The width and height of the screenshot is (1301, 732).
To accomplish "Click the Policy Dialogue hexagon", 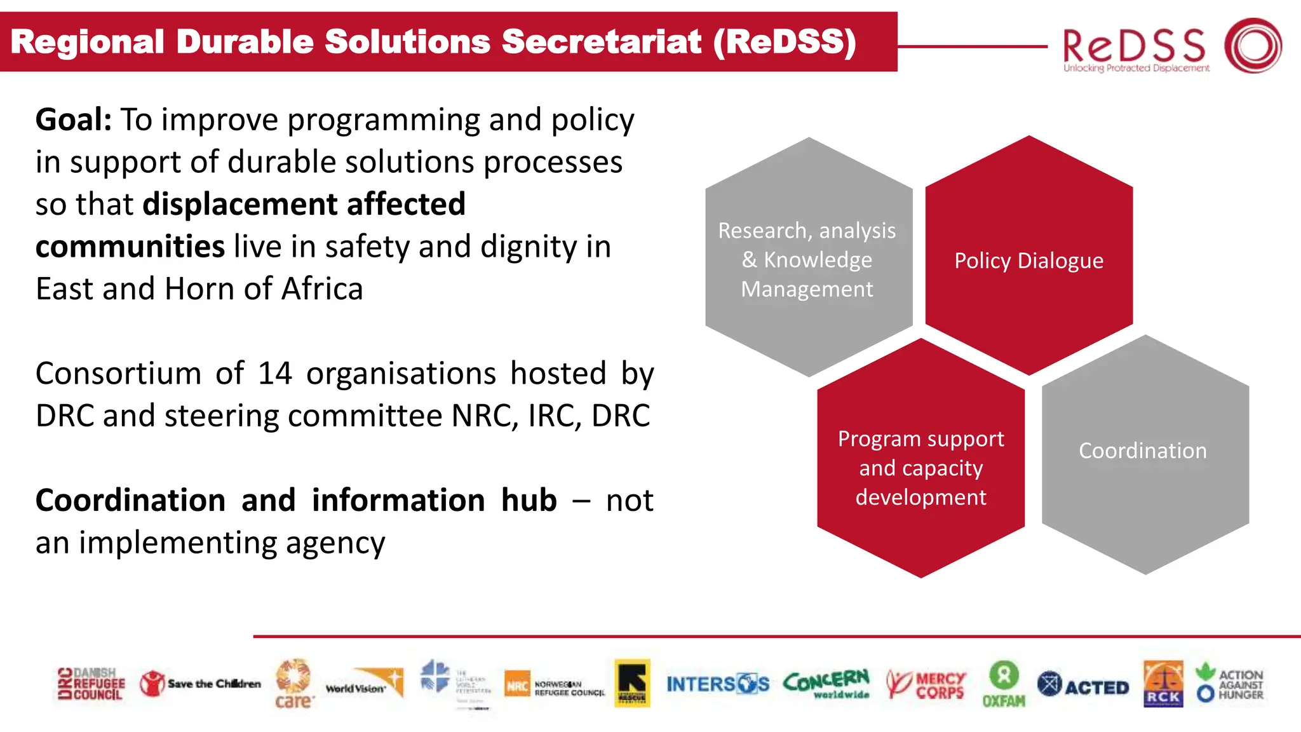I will pyautogui.click(x=1028, y=257).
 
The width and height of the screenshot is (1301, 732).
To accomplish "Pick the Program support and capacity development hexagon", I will pyautogui.click(x=920, y=459).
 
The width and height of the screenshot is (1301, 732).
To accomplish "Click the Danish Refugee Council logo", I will pyautogui.click(x=91, y=684).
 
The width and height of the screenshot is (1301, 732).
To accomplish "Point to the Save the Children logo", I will pyautogui.click(x=200, y=684).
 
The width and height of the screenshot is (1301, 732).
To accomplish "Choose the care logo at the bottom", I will pyautogui.click(x=293, y=684).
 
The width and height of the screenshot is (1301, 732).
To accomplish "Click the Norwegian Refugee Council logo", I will pyautogui.click(x=554, y=686).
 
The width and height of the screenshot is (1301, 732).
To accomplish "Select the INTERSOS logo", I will pyautogui.click(x=717, y=684).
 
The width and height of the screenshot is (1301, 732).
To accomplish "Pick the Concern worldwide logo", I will pyautogui.click(x=826, y=684).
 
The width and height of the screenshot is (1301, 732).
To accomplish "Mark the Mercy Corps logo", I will pyautogui.click(x=926, y=685).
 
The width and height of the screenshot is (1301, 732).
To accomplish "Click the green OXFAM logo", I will pyautogui.click(x=1004, y=684).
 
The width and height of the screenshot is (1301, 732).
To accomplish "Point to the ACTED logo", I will pyautogui.click(x=1083, y=686).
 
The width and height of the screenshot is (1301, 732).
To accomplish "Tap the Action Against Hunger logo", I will pyautogui.click(x=1230, y=684).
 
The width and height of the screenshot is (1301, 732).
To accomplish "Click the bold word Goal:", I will pyautogui.click(x=73, y=119).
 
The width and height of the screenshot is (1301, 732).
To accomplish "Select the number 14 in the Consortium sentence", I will pyautogui.click(x=274, y=374).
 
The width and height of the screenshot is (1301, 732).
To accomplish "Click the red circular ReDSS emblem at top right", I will pyautogui.click(x=1253, y=45).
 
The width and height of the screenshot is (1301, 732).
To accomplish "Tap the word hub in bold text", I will pyautogui.click(x=529, y=500).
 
